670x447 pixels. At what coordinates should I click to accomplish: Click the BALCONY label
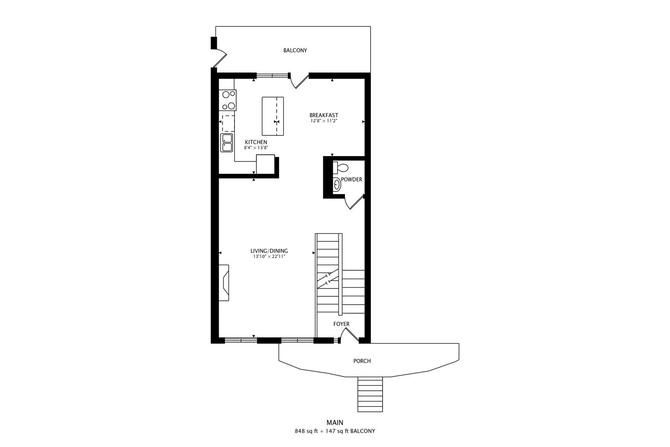click(295, 50)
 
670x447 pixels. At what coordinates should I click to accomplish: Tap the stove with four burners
click(227, 100)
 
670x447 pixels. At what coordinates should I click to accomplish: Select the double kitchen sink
click(227, 143)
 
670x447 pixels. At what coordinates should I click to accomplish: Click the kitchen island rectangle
click(273, 116)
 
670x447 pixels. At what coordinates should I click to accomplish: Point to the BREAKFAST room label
click(324, 115)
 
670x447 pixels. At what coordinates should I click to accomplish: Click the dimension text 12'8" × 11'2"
click(324, 121)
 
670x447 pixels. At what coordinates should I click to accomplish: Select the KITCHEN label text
click(256, 142)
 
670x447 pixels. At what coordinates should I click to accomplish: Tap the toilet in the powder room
click(342, 168)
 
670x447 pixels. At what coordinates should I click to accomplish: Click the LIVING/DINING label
click(269, 251)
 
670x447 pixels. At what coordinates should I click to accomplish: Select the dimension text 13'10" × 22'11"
click(269, 257)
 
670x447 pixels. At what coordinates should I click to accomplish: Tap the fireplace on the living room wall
click(224, 283)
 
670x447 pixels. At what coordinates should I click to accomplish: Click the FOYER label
click(341, 324)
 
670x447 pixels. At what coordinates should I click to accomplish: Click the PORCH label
click(362, 361)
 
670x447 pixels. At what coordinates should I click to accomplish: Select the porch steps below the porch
click(371, 394)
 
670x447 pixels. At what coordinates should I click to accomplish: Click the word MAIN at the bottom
click(335, 423)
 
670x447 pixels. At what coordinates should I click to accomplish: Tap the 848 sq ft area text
click(306, 431)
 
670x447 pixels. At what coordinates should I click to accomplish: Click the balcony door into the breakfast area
click(299, 81)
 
